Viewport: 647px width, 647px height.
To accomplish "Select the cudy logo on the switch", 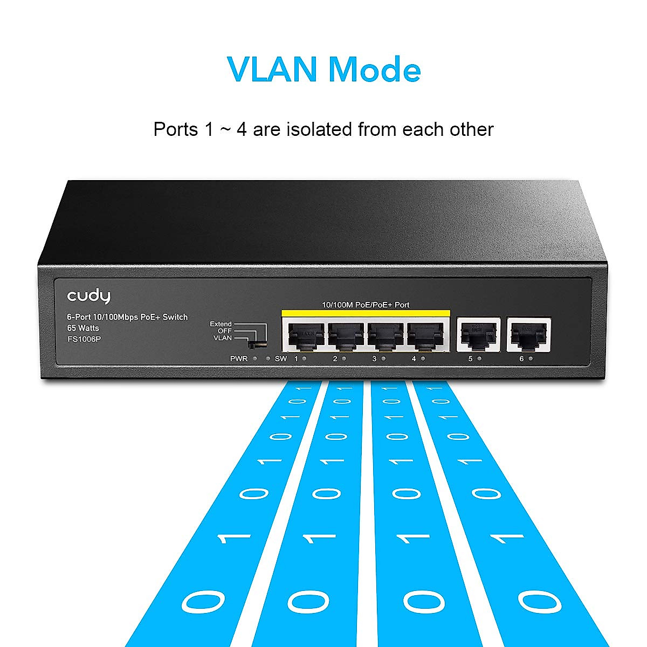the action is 88,296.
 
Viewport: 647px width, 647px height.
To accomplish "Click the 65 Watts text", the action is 79,328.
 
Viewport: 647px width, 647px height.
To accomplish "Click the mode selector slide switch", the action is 257,342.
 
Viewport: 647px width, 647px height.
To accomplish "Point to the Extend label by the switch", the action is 221,324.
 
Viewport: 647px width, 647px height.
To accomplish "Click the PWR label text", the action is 238,359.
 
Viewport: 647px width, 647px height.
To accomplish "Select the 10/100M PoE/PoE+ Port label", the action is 365,305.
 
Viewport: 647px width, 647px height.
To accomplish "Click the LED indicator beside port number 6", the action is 531,359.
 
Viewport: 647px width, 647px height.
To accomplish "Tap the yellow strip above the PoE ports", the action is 365,314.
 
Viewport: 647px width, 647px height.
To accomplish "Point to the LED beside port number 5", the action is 479,359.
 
